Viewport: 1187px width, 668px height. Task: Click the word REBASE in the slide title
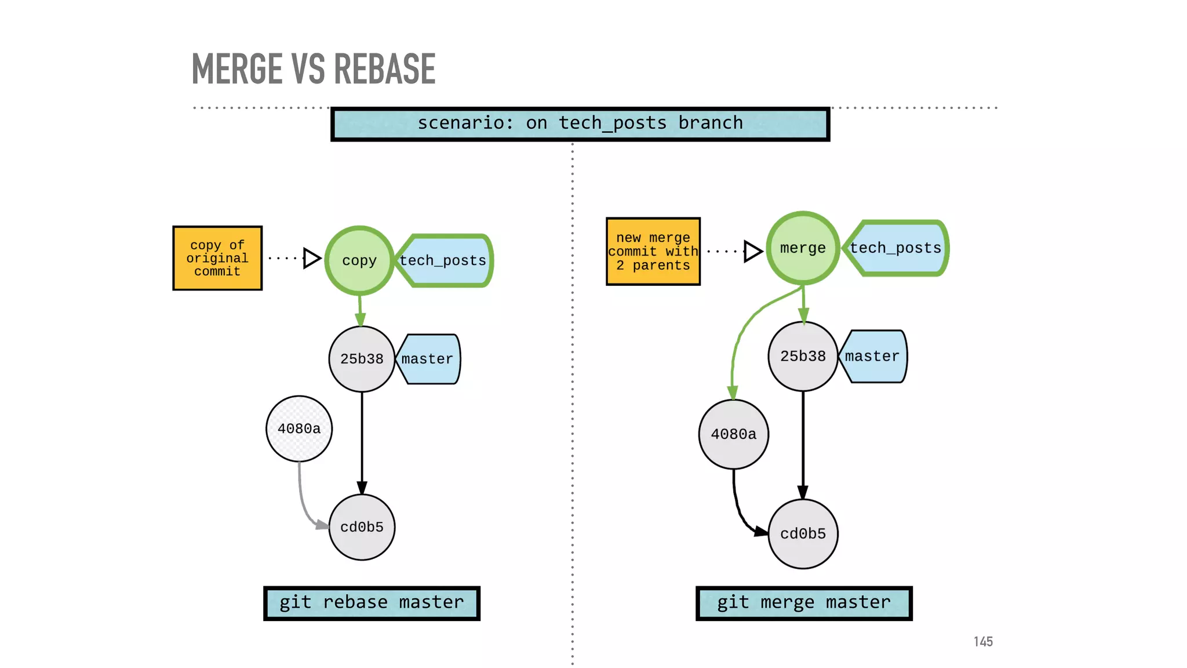pos(384,70)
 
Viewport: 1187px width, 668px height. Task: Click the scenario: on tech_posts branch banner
pos(580,124)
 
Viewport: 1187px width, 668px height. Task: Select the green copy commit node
pos(359,260)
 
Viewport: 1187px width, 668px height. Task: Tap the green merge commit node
pos(803,248)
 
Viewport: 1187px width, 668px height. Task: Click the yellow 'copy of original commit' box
pos(217,258)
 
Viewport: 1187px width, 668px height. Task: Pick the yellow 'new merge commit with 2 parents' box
pos(653,252)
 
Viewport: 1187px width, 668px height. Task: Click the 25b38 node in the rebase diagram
pos(362,359)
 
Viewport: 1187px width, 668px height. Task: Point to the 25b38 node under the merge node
pos(803,356)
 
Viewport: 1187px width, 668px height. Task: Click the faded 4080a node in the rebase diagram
pos(299,429)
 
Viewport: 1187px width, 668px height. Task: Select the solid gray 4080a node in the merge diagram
pos(734,434)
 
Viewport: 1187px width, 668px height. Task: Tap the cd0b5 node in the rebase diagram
pos(362,527)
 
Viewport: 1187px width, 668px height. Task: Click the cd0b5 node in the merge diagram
pos(803,533)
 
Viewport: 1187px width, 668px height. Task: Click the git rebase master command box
pos(372,603)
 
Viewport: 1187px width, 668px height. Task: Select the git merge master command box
pos(804,603)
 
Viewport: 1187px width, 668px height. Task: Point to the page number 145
pos(983,641)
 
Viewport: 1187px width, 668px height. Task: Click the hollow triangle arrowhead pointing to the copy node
pos(312,258)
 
